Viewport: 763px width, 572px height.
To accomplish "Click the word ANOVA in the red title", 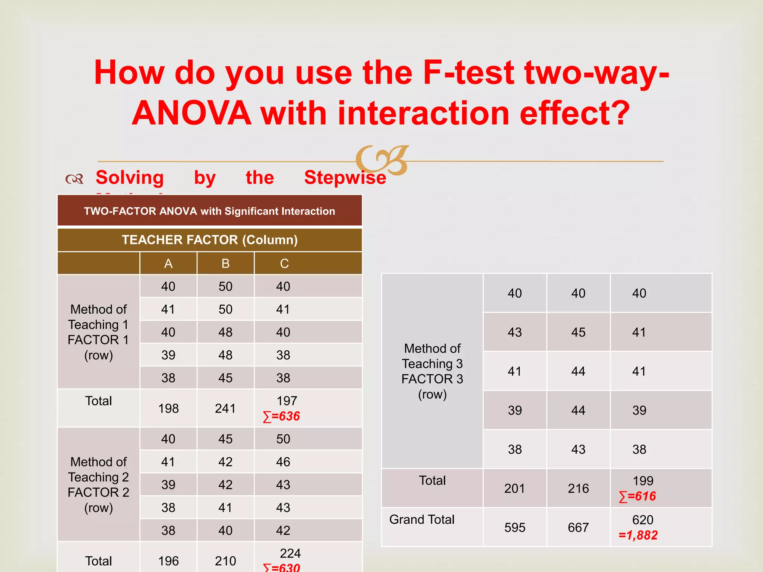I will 191,113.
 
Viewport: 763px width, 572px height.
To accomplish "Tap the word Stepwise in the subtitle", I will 345,178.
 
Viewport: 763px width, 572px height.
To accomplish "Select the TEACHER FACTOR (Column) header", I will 210,240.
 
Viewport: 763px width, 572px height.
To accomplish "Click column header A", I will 168,264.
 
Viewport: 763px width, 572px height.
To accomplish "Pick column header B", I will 225,264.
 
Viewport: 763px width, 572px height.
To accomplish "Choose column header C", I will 284,264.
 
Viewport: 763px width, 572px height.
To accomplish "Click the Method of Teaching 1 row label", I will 98,332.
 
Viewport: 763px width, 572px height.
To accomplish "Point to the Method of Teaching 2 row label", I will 98,484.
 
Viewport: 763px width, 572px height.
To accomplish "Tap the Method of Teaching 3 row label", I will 432,371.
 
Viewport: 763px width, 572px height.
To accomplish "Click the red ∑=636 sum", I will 282,416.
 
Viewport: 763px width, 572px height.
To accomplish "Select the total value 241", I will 225,409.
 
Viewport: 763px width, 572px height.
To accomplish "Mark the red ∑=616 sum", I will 637,496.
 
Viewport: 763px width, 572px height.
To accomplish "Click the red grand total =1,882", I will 638,536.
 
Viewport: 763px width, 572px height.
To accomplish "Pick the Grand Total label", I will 422,519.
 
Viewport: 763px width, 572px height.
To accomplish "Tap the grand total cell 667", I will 578,527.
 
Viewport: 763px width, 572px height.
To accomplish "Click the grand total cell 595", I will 515,527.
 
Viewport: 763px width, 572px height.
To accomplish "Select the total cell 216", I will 578,488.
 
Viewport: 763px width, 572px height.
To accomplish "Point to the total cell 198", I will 168,409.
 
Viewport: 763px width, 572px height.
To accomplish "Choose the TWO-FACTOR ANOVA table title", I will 210,211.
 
